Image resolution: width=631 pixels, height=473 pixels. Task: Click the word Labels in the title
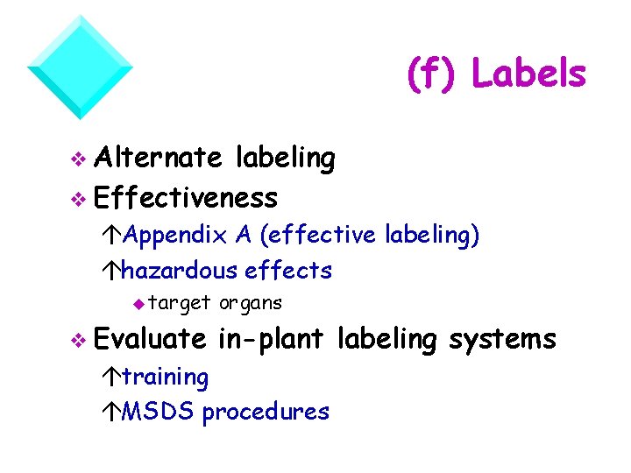[528, 74]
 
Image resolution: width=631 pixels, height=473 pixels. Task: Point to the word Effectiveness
[186, 198]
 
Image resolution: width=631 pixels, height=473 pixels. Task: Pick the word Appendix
[174, 236]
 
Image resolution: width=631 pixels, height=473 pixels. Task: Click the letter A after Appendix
[243, 235]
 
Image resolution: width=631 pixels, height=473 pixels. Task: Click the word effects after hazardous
[289, 270]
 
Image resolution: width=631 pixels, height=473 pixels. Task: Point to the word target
[180, 304]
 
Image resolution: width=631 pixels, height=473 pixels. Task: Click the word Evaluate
[151, 338]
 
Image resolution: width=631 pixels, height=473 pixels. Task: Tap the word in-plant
[273, 339]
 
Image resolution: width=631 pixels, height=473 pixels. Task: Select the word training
[165, 378]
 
